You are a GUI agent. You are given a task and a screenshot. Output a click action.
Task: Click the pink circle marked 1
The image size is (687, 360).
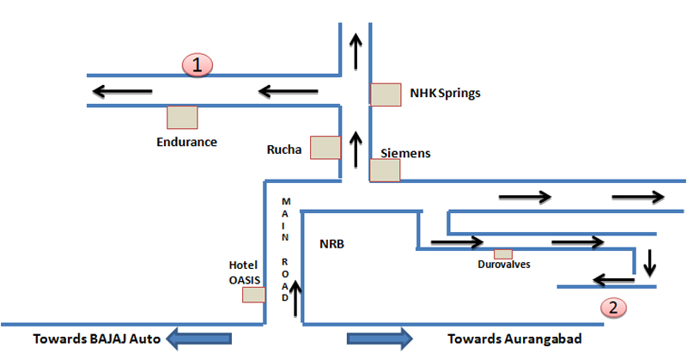tap(198, 64)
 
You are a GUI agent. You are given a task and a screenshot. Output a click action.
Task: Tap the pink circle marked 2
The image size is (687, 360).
tap(611, 306)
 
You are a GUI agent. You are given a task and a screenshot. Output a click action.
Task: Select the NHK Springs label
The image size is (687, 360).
tap(445, 93)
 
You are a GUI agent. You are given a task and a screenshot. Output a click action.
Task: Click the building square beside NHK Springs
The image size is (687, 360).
tap(386, 95)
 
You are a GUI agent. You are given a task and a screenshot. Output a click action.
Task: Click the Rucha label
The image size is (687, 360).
tap(285, 149)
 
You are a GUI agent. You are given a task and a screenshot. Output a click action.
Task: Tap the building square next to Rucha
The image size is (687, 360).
tap(325, 148)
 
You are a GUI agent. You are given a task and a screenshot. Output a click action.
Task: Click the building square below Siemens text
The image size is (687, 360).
tap(384, 170)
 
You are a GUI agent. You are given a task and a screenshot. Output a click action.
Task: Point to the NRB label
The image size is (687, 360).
tap(331, 243)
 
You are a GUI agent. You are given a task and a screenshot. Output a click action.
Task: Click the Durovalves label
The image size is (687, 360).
tap(503, 265)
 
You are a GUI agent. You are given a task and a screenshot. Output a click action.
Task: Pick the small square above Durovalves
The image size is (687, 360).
tap(503, 253)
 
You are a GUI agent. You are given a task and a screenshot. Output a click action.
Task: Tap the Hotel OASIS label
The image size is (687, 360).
tap(244, 271)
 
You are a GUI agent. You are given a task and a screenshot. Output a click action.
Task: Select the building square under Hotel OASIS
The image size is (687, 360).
tap(253, 295)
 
